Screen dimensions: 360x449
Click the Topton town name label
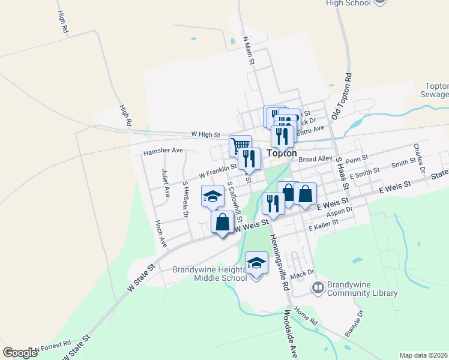point(282,153)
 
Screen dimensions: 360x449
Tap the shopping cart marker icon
point(240,146)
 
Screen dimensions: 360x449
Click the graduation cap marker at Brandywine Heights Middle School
point(256,263)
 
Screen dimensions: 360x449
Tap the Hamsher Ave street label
point(163,152)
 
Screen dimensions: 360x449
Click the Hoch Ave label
point(161,234)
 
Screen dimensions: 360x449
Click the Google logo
point(20,353)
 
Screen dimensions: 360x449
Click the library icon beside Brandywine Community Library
point(318,289)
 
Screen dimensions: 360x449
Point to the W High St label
point(206,135)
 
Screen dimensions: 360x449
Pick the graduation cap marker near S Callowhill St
point(212,196)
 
